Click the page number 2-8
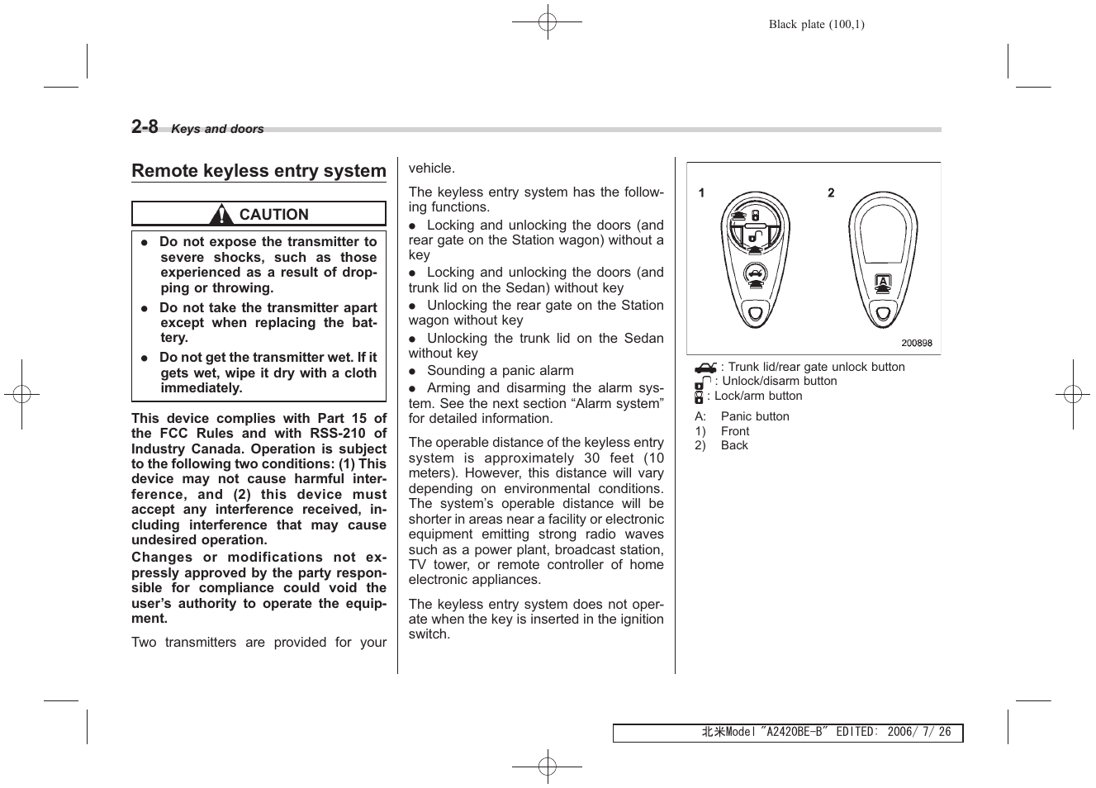(145, 126)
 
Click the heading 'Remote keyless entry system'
(259, 171)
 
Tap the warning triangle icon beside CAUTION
(221, 215)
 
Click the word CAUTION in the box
(273, 215)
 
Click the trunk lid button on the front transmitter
(753, 275)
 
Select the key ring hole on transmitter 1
(754, 313)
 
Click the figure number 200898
(916, 344)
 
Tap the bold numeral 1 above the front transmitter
(701, 192)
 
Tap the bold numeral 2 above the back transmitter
(831, 192)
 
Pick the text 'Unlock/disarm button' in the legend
(779, 381)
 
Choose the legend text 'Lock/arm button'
(758, 396)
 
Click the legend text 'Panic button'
(755, 416)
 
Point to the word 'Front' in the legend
(735, 431)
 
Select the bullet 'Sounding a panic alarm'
(500, 371)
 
